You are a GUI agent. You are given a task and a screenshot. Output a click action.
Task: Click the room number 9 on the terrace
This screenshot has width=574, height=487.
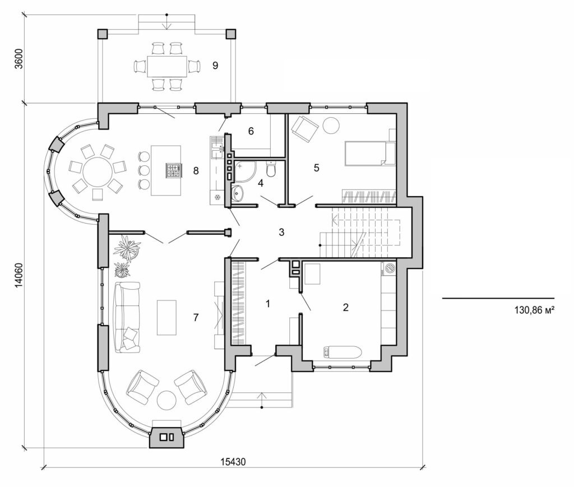214,66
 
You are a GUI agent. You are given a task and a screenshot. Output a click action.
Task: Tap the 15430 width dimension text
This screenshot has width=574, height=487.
233,462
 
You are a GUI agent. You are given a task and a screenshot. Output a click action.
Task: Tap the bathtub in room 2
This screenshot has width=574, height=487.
342,353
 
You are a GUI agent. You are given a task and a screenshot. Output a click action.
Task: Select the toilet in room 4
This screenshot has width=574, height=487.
272,169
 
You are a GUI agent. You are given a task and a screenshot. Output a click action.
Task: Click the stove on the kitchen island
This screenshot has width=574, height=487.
173,170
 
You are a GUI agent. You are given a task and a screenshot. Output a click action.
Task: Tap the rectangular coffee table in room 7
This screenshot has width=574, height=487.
166,317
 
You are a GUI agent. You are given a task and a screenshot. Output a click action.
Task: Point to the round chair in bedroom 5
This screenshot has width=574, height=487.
331,125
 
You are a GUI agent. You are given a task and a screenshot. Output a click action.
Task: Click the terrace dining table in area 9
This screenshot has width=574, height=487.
167,66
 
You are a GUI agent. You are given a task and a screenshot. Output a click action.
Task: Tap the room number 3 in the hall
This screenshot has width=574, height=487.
282,231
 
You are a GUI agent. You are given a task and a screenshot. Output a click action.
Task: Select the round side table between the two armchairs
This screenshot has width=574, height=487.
166,400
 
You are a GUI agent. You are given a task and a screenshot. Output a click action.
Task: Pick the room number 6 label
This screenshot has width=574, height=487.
251,131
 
